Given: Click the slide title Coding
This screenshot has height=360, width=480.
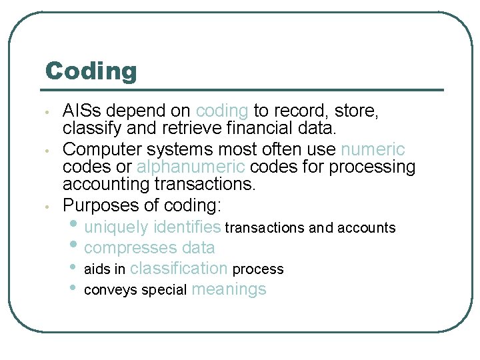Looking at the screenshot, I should [x=91, y=71].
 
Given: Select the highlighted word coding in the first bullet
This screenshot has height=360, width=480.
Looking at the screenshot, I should [x=222, y=111].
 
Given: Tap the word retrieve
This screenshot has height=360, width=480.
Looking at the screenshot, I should [x=197, y=127].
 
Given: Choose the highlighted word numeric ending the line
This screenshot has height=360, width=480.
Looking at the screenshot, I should [x=373, y=149].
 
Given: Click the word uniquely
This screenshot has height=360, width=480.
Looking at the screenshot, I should [x=116, y=227].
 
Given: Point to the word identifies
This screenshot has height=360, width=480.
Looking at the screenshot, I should [x=187, y=227].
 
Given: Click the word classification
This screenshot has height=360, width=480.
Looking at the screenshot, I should [x=179, y=269].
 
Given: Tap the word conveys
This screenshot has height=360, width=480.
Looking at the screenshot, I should [x=111, y=290].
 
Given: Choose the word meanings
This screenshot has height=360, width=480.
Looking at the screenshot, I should [x=229, y=289].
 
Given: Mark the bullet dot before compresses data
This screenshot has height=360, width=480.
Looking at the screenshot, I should [x=74, y=246].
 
